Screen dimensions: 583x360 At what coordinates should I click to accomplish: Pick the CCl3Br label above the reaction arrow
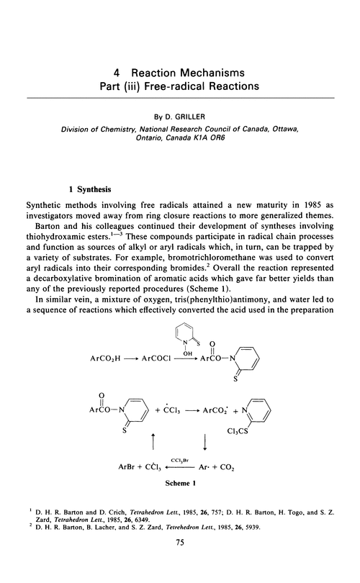(x=179, y=461)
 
